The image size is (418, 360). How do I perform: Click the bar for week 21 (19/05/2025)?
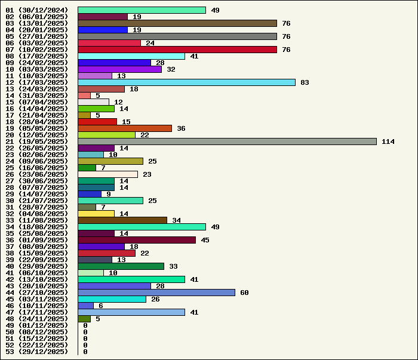(227, 141)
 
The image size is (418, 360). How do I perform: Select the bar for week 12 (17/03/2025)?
(186, 82)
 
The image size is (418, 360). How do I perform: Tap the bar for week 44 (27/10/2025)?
(156, 293)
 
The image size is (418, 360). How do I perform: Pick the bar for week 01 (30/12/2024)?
(142, 10)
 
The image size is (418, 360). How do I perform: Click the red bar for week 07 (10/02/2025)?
(177, 50)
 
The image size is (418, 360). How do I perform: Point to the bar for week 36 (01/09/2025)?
(137, 240)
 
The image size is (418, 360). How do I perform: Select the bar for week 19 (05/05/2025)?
(125, 128)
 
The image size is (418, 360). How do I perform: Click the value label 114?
(388, 141)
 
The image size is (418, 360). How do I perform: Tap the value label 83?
(305, 82)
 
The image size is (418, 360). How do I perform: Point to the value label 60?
(244, 293)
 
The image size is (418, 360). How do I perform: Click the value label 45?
(205, 240)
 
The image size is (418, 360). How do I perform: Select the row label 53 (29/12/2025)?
(37, 352)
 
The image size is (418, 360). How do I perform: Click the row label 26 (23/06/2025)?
(37, 174)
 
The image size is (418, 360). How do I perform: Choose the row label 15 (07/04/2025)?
(37, 102)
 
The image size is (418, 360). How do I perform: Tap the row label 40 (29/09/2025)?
(37, 266)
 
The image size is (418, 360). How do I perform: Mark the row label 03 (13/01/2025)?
(37, 23)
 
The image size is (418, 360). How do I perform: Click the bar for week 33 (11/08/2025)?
(122, 220)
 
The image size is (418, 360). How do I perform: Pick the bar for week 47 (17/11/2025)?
(131, 312)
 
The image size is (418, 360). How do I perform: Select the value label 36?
(181, 128)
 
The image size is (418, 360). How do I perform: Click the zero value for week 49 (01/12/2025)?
(85, 325)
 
